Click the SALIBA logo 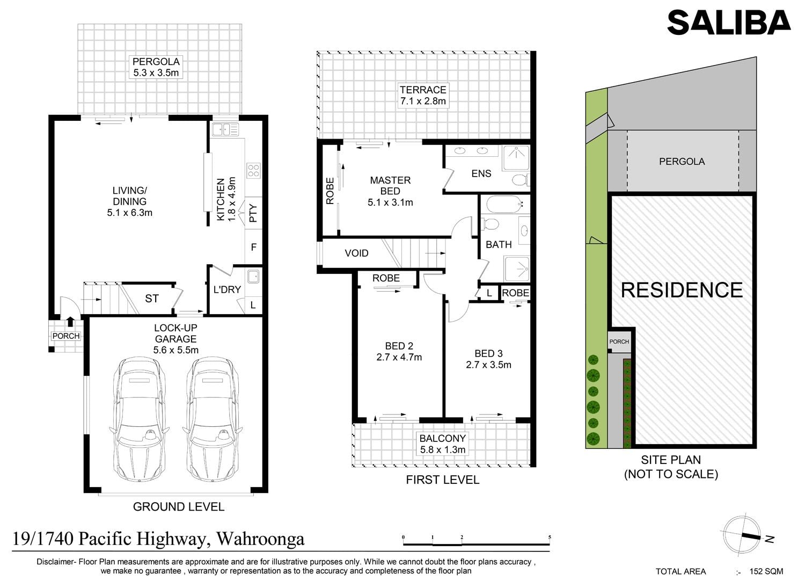pyautogui.click(x=729, y=23)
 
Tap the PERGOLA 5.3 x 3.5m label pyautogui.click(x=156, y=67)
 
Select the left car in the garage pyautogui.click(x=139, y=419)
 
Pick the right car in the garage pyautogui.click(x=213, y=419)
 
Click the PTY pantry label pyautogui.click(x=253, y=213)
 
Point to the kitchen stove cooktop pyautogui.click(x=253, y=170)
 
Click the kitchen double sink pyautogui.click(x=225, y=129)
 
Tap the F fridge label pyautogui.click(x=254, y=248)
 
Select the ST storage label pyautogui.click(x=152, y=299)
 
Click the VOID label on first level pyautogui.click(x=356, y=253)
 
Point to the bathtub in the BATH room pyautogui.click(x=505, y=204)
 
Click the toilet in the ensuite pyautogui.click(x=521, y=179)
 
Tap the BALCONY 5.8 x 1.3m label pyautogui.click(x=442, y=444)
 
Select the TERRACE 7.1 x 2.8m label pyautogui.click(x=423, y=95)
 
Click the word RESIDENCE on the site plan pyautogui.click(x=682, y=290)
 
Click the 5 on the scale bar pyautogui.click(x=550, y=538)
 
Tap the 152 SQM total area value pyautogui.click(x=766, y=571)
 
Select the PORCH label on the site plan pyautogui.click(x=619, y=342)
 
